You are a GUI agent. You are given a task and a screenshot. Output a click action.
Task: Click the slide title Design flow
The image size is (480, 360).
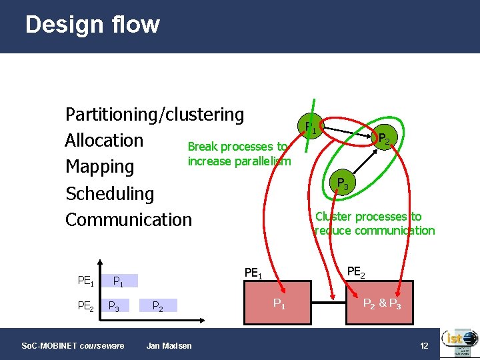93,25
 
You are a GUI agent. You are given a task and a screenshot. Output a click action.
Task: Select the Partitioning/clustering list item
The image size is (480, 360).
155,115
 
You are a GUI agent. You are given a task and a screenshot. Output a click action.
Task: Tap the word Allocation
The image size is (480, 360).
104,141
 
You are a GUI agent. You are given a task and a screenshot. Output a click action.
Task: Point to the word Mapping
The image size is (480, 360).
99,167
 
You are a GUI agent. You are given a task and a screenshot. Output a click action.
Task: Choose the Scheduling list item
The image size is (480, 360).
109,193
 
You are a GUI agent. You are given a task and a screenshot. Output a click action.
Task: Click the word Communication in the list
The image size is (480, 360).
128,219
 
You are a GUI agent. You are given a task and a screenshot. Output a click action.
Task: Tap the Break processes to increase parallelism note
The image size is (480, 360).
239,153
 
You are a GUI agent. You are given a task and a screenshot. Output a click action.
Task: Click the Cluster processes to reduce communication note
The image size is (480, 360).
374,223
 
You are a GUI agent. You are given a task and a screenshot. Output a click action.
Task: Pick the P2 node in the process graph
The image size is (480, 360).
385,138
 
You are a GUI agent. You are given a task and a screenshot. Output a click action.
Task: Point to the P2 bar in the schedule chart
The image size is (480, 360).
159,306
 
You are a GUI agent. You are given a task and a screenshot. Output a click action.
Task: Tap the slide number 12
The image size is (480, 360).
424,345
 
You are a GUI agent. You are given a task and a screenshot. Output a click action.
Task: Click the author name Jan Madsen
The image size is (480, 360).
169,345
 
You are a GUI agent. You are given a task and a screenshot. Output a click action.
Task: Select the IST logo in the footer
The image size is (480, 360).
459,343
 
